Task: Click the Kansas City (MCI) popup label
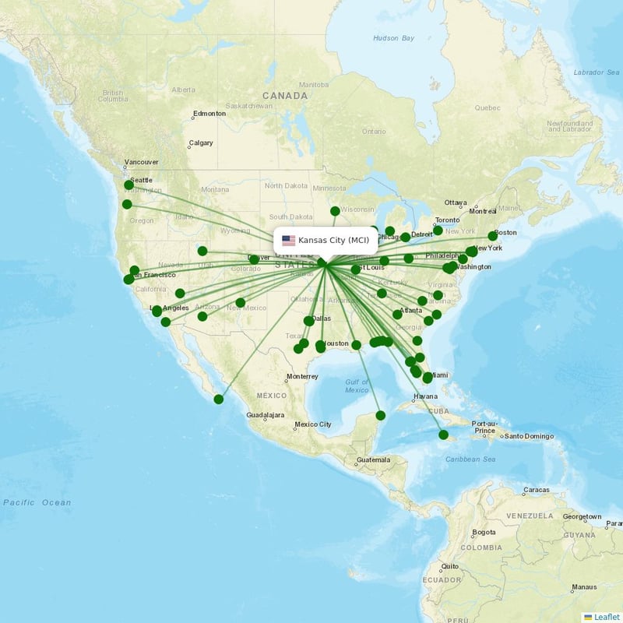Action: point(333,240)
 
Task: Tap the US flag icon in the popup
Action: point(289,240)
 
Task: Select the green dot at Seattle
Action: point(129,185)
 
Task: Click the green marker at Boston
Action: point(492,235)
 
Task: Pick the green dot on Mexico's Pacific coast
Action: point(219,399)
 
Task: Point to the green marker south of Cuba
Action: point(444,435)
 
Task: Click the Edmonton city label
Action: point(209,114)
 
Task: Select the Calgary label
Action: point(200,143)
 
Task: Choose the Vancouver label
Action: point(141,162)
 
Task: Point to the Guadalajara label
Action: point(266,415)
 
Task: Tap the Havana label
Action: point(426,396)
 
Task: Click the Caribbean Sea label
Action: point(470,459)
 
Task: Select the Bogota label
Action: point(484,533)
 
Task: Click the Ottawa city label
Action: point(456,202)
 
